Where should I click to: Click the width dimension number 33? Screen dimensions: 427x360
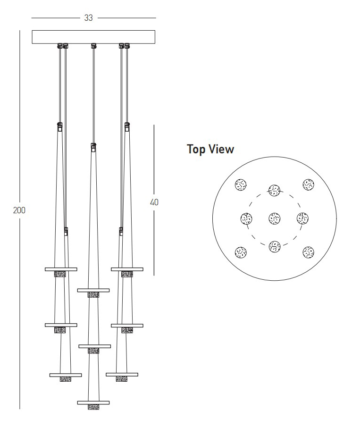tap(88, 18)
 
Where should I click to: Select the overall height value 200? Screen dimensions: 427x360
tap(19, 210)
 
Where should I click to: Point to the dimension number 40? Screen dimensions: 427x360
tap(154, 202)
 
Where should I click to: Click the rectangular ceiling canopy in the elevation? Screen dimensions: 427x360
tap(93, 37)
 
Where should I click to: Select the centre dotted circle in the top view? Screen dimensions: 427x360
tap(275, 218)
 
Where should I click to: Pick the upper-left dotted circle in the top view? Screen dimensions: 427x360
tap(241, 184)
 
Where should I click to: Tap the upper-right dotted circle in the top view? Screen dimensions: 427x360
tap(309, 184)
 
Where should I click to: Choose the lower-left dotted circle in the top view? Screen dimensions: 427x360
tap(241, 252)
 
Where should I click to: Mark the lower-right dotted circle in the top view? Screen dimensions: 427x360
tap(309, 252)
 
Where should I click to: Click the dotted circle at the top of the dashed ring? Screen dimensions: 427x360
tap(275, 190)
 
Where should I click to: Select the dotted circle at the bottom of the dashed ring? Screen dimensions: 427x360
tap(275, 246)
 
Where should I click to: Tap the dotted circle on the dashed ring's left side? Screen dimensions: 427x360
tap(246, 218)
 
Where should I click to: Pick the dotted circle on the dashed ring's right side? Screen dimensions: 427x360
tap(302, 218)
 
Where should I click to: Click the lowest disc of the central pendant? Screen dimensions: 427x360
tap(93, 402)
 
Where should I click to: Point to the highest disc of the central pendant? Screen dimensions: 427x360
tap(93, 290)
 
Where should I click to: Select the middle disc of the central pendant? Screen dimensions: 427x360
tap(94, 346)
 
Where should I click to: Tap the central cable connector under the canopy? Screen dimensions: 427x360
tap(93, 46)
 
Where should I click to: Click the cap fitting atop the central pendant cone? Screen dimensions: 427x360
tap(93, 146)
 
